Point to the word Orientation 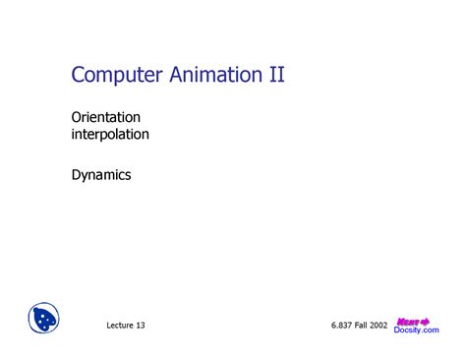[105, 116]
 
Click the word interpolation [110, 134]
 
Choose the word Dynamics [100, 175]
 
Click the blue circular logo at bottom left [44, 319]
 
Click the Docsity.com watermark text [417, 330]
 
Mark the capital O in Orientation [76, 116]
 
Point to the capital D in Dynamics [76, 175]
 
